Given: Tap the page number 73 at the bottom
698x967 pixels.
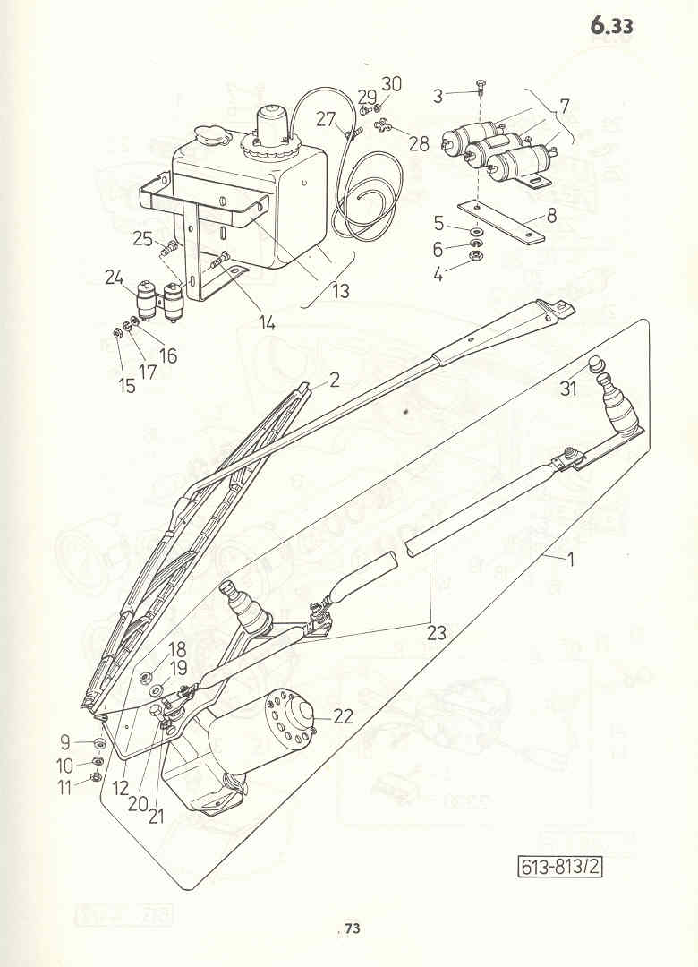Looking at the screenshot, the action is [352, 928].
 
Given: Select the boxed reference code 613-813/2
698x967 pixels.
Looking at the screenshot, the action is [560, 867].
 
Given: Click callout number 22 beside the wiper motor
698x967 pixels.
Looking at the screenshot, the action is [344, 716].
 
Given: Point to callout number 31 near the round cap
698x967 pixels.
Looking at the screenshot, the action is [568, 389].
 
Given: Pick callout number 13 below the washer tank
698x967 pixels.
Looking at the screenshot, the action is [341, 290].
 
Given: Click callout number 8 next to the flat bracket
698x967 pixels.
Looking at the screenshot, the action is [551, 215].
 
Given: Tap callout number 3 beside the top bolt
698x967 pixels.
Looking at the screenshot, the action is [438, 96].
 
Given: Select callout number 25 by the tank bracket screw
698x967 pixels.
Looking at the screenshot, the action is [142, 238].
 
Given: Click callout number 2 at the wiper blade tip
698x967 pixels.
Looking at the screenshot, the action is [334, 380].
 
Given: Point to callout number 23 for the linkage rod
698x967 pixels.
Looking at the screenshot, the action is [436, 633].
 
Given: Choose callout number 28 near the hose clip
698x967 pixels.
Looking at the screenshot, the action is [419, 143].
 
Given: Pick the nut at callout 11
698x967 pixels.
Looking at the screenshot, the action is [96, 776].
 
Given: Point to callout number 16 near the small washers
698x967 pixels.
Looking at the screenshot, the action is [167, 355].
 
